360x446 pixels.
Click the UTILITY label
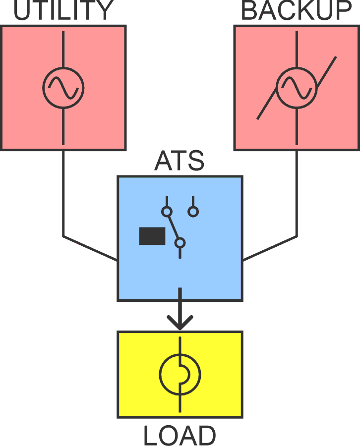(x=63, y=11)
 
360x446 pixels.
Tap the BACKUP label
(x=296, y=11)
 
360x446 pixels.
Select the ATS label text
(x=179, y=161)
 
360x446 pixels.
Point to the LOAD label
(x=180, y=436)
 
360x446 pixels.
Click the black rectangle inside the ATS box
(x=152, y=236)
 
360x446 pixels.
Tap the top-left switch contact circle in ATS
(x=167, y=212)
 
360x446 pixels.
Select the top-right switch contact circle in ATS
(x=193, y=212)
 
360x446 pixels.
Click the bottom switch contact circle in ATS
(x=180, y=242)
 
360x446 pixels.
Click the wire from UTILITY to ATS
(x=63, y=198)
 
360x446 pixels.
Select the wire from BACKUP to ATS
(x=297, y=198)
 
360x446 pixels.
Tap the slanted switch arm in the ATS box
(x=174, y=227)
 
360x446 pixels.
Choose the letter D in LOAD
(x=205, y=436)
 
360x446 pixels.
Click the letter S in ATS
(x=195, y=161)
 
